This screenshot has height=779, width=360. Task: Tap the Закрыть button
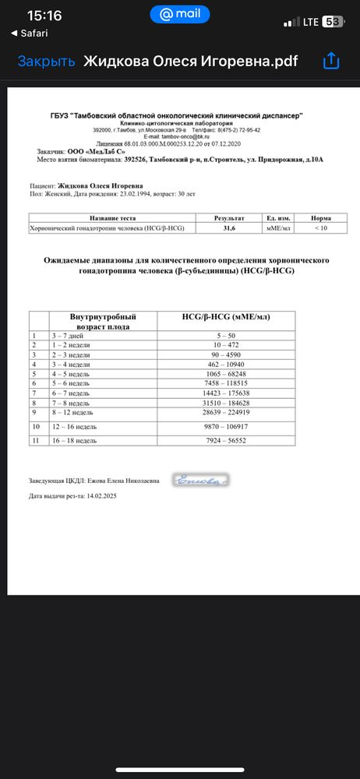(x=47, y=62)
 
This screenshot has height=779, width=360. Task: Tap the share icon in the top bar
(x=331, y=61)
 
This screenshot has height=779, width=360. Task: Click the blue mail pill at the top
(x=179, y=15)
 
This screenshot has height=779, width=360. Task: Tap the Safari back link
(x=30, y=33)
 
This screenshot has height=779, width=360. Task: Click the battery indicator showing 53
(x=332, y=22)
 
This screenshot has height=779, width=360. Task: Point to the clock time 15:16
(x=44, y=16)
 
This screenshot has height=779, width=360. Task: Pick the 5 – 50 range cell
(x=226, y=334)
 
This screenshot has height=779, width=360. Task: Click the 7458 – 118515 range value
(x=226, y=384)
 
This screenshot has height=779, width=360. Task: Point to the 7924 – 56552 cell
(x=226, y=441)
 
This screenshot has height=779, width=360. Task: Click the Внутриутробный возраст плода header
(x=93, y=321)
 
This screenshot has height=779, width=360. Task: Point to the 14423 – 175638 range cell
(x=226, y=393)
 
